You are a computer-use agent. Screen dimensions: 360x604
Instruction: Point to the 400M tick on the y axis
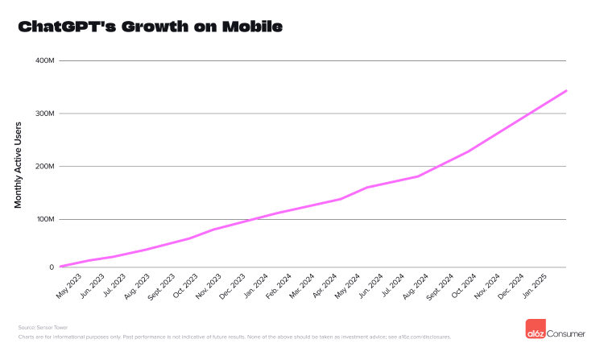tap(44, 60)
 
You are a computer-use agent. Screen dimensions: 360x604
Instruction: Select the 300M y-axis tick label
tap(44, 114)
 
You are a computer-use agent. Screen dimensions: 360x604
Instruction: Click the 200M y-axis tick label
tap(44, 167)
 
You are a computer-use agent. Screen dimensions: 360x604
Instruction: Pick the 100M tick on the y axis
tap(44, 219)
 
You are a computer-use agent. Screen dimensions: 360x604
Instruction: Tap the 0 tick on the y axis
tap(51, 267)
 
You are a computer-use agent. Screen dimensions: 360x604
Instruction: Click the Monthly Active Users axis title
tap(18, 164)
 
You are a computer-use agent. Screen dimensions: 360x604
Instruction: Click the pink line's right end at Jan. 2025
tap(566, 91)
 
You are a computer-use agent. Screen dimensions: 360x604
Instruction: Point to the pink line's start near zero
tap(61, 266)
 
